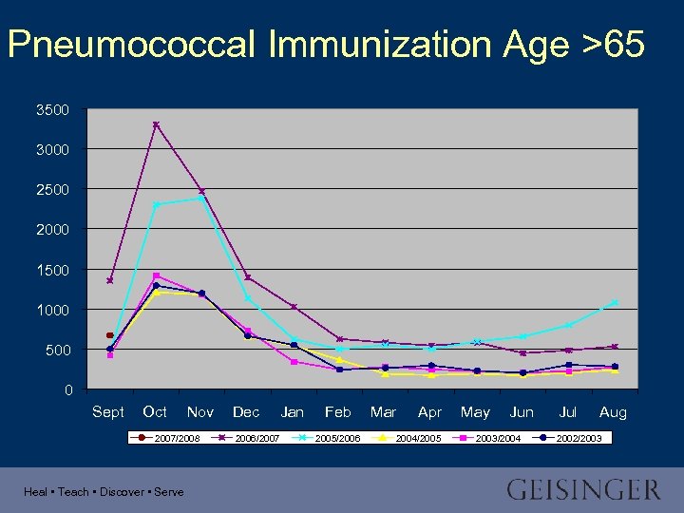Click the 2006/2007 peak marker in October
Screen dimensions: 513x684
(x=156, y=124)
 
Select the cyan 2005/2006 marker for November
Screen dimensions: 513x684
(x=201, y=198)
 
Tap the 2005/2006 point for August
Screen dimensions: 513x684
(x=614, y=303)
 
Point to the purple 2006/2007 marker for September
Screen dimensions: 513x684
(x=110, y=280)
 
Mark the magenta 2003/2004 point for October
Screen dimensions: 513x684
(x=156, y=276)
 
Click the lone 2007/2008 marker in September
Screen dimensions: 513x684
(x=110, y=335)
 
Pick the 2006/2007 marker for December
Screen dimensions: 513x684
(x=248, y=277)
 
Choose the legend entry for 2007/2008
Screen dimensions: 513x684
(x=171, y=437)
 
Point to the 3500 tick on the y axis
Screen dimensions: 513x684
(x=52, y=110)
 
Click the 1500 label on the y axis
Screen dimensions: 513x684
(x=52, y=271)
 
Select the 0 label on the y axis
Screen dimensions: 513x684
(x=67, y=390)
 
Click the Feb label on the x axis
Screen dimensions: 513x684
(x=338, y=412)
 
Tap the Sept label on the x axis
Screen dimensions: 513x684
(x=108, y=412)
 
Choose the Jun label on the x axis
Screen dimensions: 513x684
(x=522, y=412)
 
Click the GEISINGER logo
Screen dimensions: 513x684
(x=583, y=490)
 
